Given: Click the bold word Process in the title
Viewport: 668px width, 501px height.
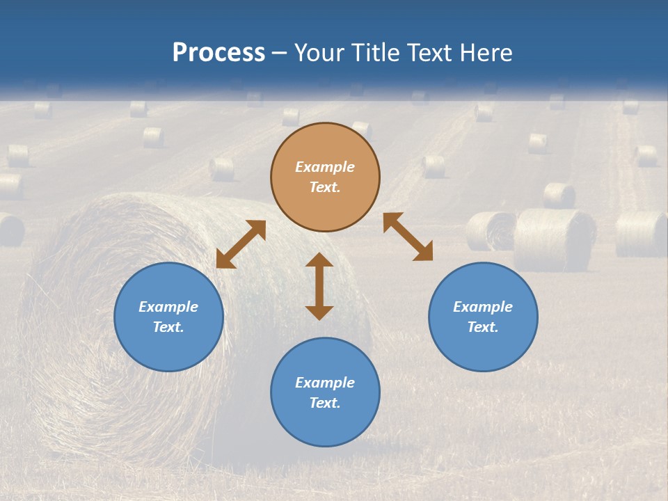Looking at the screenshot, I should (x=218, y=53).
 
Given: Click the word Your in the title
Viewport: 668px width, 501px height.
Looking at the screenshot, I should (x=321, y=53).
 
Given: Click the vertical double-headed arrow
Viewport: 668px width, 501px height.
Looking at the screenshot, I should (x=319, y=286).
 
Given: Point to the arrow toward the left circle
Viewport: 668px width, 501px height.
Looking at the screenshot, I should (x=241, y=244).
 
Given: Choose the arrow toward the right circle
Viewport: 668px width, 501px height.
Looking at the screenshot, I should (x=408, y=237).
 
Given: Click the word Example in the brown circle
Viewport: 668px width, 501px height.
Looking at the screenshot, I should (x=325, y=167).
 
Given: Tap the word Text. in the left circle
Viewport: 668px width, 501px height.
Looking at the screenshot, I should (x=168, y=327).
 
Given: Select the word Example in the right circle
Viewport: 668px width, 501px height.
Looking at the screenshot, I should (x=483, y=307).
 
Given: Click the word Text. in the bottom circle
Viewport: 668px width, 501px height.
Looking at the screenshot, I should (x=325, y=403).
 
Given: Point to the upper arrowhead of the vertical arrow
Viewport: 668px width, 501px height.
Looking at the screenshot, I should (x=319, y=260).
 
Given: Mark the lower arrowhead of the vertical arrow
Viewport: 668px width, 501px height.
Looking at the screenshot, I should (x=319, y=312).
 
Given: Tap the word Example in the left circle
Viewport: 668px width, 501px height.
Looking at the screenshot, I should (x=168, y=307).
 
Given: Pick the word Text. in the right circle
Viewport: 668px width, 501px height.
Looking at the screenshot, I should (x=483, y=327).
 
